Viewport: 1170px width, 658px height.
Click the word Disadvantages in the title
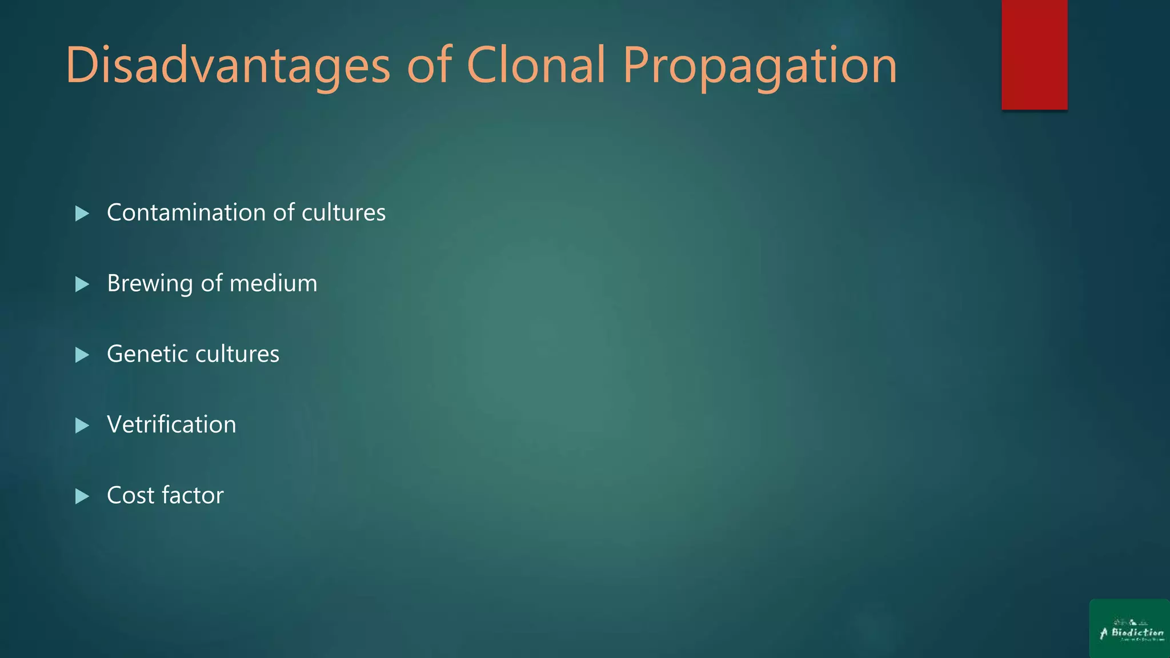click(228, 65)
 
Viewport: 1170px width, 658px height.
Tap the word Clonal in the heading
click(536, 65)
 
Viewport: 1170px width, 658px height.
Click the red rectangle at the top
click(1034, 55)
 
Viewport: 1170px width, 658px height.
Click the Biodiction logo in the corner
click(1129, 629)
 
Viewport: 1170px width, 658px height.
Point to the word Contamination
click(186, 212)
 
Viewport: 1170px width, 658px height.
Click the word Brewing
click(150, 284)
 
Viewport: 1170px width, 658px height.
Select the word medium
click(273, 283)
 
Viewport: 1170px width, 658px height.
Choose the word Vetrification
click(171, 424)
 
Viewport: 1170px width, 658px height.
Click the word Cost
click(130, 495)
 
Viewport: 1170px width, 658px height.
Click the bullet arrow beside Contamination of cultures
click(82, 214)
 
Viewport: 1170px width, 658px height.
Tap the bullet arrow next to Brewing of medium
click(82, 284)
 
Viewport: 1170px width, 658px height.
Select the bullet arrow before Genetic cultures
click(82, 355)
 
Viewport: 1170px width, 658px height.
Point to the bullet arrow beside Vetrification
click(82, 426)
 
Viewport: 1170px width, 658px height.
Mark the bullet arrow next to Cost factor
click(82, 496)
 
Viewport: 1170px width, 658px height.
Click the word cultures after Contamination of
click(343, 212)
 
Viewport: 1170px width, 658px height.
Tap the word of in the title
click(429, 65)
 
